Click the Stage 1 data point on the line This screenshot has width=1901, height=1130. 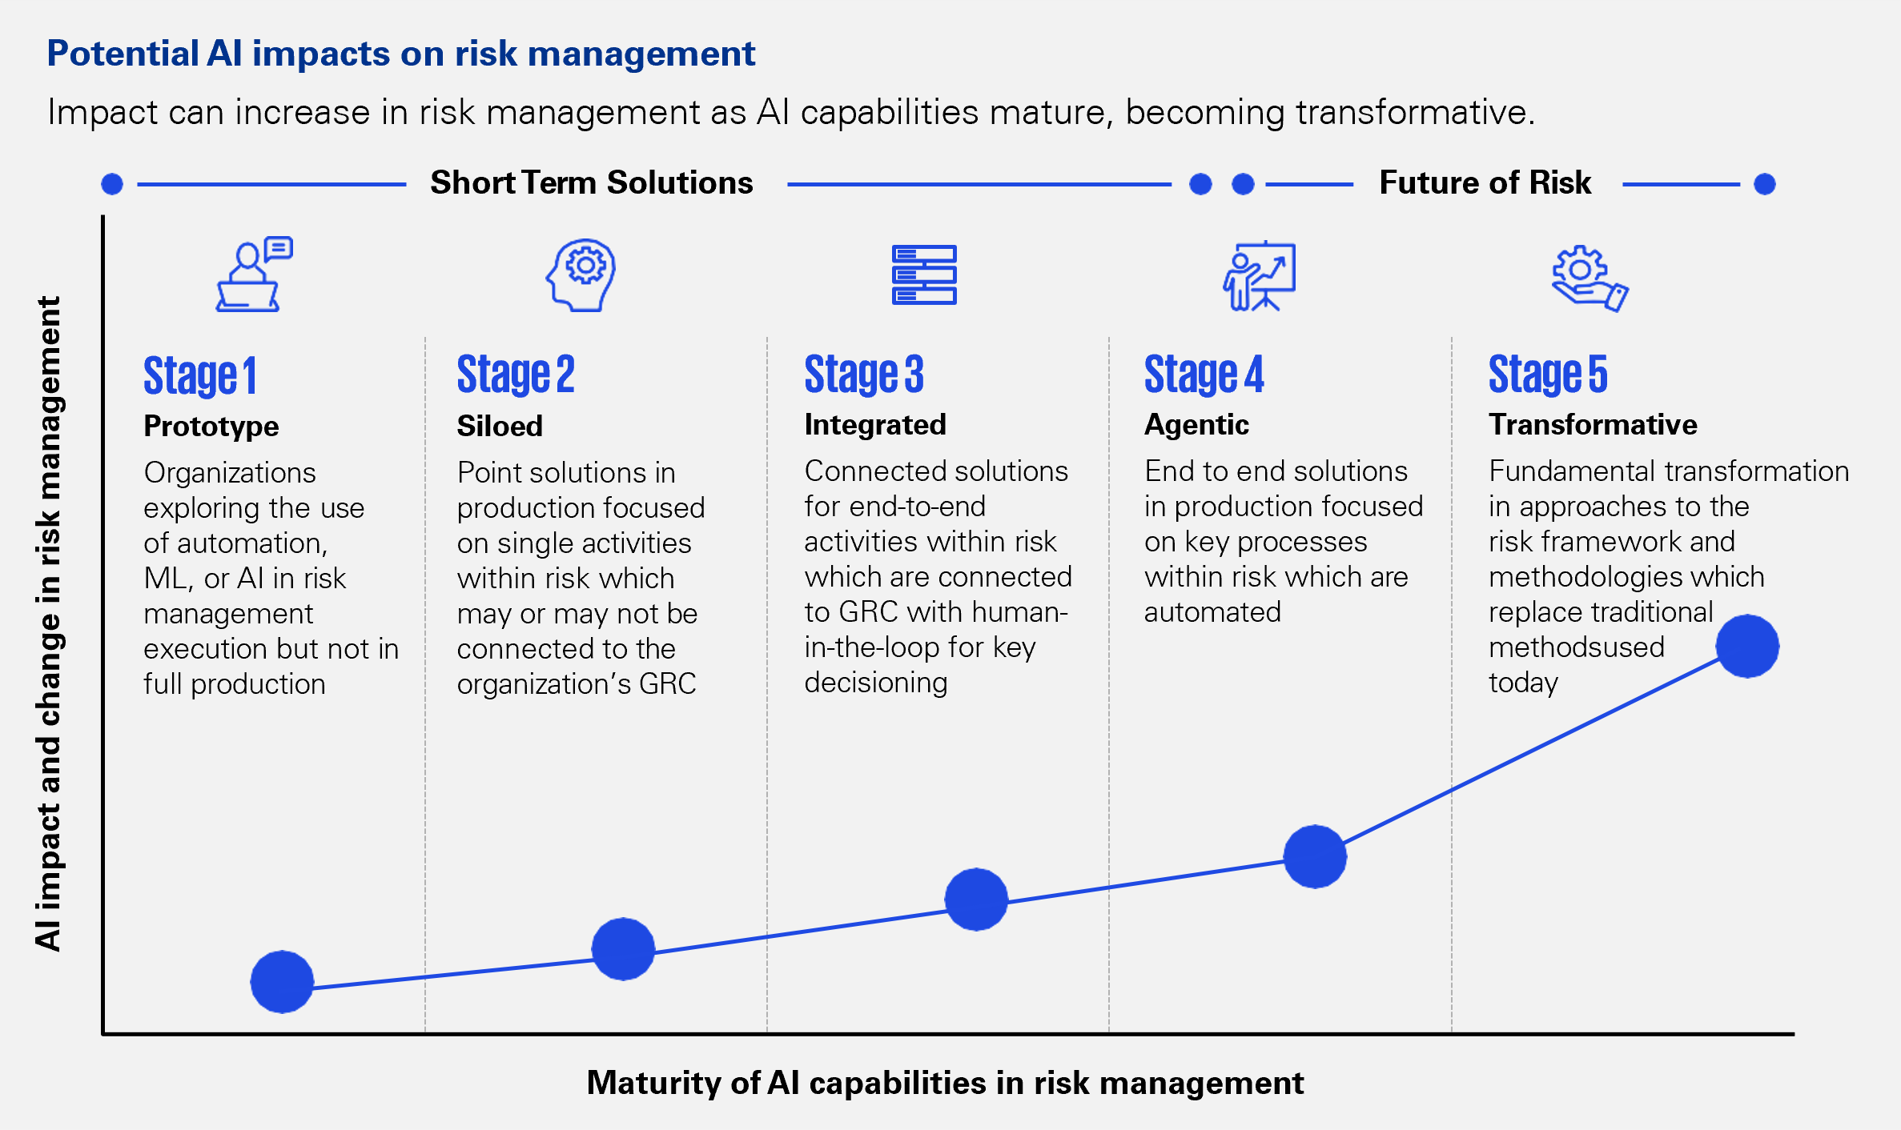[282, 982]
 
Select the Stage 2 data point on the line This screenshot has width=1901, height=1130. [623, 949]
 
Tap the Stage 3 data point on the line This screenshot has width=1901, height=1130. [976, 900]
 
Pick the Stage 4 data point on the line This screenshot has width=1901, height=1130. [1315, 856]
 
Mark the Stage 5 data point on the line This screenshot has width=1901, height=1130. [1747, 646]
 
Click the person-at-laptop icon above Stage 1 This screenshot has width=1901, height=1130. [254, 274]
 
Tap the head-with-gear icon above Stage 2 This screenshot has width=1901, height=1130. [581, 274]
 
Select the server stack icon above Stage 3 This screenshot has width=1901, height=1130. [924, 274]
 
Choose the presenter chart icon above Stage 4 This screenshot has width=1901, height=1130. [1259, 275]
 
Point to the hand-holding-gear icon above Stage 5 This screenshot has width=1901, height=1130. [1590, 278]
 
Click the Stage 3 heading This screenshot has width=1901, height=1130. [864, 375]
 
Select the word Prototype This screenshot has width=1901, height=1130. [211, 426]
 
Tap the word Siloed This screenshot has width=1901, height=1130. [500, 426]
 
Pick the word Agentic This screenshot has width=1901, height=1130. [1196, 424]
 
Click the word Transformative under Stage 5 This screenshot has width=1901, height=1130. [1593, 424]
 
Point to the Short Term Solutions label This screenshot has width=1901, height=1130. [592, 182]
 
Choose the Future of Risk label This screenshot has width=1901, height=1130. [1485, 182]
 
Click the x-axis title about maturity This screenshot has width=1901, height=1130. [945, 1083]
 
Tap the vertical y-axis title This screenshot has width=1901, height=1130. [48, 623]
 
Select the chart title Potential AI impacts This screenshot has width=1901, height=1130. [401, 54]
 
